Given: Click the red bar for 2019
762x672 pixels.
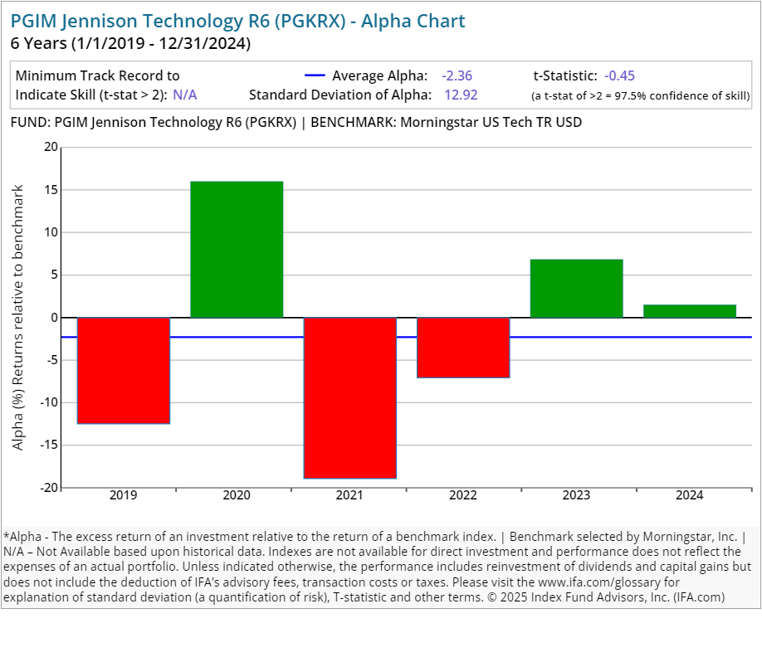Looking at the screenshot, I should (x=123, y=370).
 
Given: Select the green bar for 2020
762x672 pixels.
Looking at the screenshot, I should (x=237, y=249).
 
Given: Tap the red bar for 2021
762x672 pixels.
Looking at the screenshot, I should (x=349, y=397).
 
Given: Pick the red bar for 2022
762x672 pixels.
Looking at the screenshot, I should (x=463, y=347).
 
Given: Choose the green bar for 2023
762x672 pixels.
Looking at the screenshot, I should (x=576, y=288).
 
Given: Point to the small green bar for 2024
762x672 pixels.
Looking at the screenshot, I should (x=690, y=311).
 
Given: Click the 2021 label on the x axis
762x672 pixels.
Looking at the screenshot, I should (x=349, y=495).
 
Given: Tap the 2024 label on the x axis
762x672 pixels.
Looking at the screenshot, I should (x=690, y=495).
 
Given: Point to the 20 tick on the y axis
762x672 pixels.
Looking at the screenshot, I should (x=51, y=148).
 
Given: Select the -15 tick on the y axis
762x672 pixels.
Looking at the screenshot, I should (x=48, y=446).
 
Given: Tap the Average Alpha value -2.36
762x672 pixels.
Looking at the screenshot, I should (x=457, y=75).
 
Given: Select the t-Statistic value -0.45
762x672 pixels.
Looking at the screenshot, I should (x=619, y=75).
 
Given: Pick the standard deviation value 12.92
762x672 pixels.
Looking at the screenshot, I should (x=461, y=95).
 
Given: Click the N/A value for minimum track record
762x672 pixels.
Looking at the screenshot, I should (x=185, y=95).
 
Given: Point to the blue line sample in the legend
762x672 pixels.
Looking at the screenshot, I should (x=315, y=75).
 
